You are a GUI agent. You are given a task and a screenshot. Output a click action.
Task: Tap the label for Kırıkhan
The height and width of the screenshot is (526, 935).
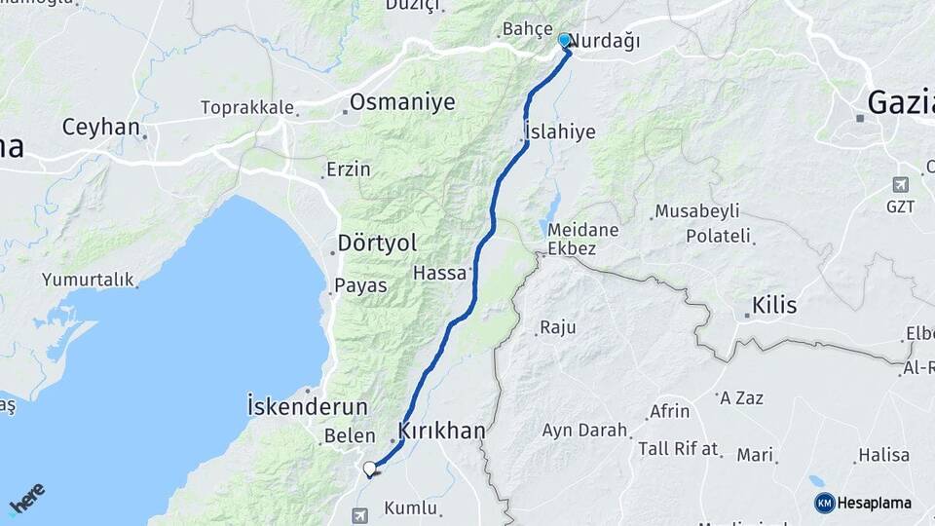[x=441, y=431]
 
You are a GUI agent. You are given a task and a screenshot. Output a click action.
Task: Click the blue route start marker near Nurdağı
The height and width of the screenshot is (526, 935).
[x=564, y=40]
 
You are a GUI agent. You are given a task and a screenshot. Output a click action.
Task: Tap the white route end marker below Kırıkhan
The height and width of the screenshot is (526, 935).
[x=369, y=470]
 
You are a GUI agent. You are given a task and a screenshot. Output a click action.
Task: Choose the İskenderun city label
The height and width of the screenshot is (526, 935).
[x=307, y=405]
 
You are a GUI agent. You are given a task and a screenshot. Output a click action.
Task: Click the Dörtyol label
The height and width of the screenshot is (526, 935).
[x=376, y=243]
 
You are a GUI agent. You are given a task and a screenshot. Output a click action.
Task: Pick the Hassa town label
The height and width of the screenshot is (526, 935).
[x=440, y=273]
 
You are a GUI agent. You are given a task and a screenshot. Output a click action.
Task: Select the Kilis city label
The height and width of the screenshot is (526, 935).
[x=773, y=306]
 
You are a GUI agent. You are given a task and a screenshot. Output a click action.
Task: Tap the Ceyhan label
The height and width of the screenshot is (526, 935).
[x=100, y=127]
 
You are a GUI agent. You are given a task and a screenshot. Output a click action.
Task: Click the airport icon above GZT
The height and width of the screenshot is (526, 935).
[x=900, y=184]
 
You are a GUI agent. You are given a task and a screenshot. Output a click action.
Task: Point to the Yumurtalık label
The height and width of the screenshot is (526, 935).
[x=87, y=280]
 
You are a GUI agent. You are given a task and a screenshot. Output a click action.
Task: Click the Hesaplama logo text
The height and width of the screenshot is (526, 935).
[x=874, y=503]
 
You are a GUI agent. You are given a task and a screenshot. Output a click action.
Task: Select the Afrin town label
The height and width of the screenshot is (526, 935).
[x=669, y=411]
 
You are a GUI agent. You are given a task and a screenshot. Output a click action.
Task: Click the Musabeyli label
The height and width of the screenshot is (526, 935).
[x=696, y=211]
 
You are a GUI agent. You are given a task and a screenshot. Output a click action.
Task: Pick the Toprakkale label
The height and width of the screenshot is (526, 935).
[x=246, y=107]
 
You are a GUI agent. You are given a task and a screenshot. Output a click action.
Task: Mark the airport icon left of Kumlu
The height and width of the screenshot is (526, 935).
[x=360, y=513]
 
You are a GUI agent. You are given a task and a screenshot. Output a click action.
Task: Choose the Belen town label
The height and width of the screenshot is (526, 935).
[x=349, y=435]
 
